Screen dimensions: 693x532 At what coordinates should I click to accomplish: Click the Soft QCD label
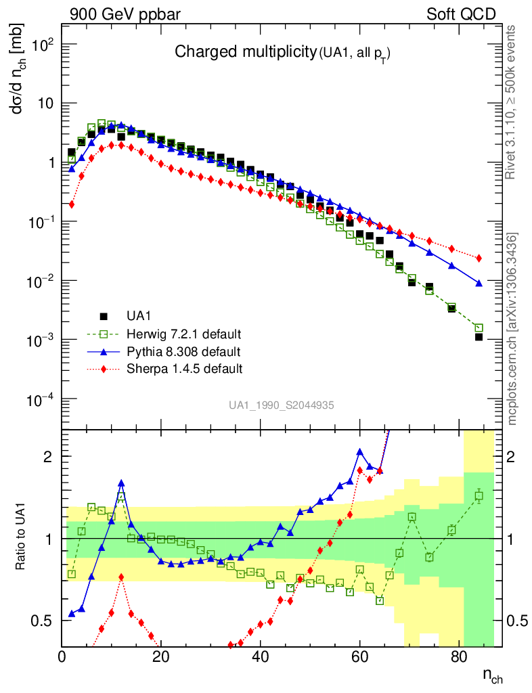[461, 14]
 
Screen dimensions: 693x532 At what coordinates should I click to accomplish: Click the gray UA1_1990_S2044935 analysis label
[281, 405]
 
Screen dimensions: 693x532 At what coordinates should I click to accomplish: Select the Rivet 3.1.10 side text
[512, 102]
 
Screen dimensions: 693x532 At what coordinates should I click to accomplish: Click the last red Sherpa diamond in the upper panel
[479, 259]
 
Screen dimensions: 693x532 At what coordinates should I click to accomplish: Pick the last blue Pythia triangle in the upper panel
[479, 283]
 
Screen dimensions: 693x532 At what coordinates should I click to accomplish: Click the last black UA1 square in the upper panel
[479, 336]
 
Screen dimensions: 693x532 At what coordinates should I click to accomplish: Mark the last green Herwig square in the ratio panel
[479, 496]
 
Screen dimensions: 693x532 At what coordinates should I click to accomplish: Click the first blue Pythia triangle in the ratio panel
[72, 614]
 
